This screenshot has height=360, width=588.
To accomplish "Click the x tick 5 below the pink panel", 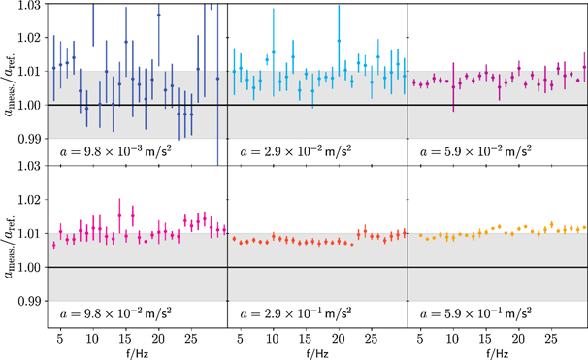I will click(60, 341).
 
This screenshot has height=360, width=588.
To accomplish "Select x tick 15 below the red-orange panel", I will click(306, 341).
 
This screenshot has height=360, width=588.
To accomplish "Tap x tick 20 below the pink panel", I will click(157, 341).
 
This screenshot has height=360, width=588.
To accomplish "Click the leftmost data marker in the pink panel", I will click(54, 245).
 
